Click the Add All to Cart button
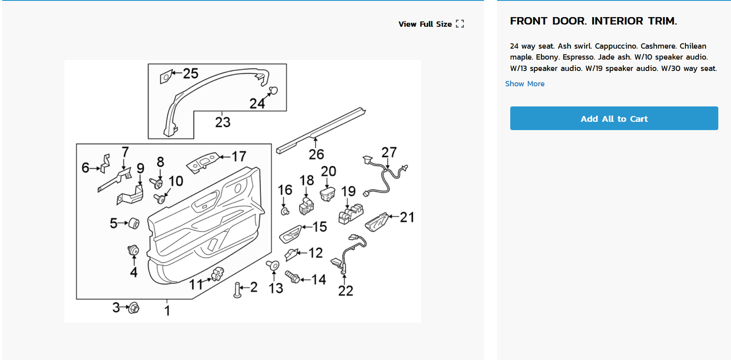614,118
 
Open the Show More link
525,84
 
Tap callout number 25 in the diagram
191,73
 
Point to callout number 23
222,122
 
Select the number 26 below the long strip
316,154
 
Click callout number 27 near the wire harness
389,152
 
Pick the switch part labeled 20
328,194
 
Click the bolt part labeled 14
293,277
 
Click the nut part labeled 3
134,307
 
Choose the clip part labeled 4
133,251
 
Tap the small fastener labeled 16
285,212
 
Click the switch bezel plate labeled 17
202,163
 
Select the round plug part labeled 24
273,90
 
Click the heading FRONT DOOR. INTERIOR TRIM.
593,21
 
